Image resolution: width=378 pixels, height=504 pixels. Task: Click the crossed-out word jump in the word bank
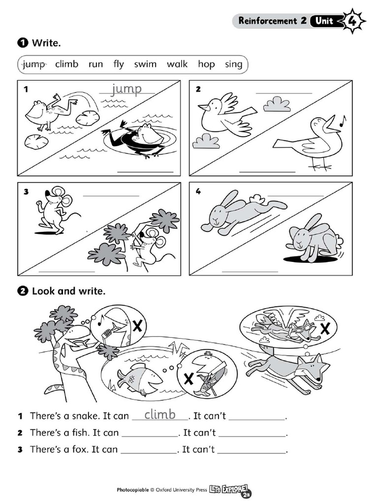[x=34, y=64]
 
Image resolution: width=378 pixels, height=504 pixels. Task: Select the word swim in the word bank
[x=145, y=64]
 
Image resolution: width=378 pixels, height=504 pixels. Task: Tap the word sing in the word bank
[x=233, y=64]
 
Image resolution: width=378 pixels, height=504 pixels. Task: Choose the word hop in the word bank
[x=206, y=64]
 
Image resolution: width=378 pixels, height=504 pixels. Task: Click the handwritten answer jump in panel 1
[x=126, y=89]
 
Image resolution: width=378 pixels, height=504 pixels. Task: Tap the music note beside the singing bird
[x=343, y=120]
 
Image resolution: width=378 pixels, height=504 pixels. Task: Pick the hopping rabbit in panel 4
[x=311, y=238]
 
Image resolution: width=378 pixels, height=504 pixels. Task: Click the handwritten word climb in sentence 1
[x=160, y=414]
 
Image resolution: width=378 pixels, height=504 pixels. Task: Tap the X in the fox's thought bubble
[x=325, y=329]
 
